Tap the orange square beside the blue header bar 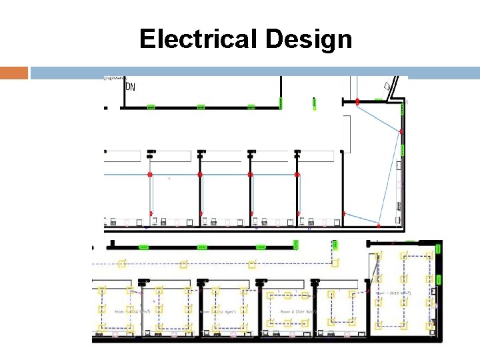14,72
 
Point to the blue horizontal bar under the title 253,72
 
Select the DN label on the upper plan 131,87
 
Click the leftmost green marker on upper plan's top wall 151,107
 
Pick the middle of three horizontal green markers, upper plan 201,107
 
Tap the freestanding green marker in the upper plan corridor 313,102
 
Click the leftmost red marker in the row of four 150,175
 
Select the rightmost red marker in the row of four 298,175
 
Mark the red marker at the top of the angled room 357,102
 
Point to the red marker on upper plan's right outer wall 401,132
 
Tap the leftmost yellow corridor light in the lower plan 121,263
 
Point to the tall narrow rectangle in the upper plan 347,133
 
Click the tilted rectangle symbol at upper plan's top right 387,86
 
